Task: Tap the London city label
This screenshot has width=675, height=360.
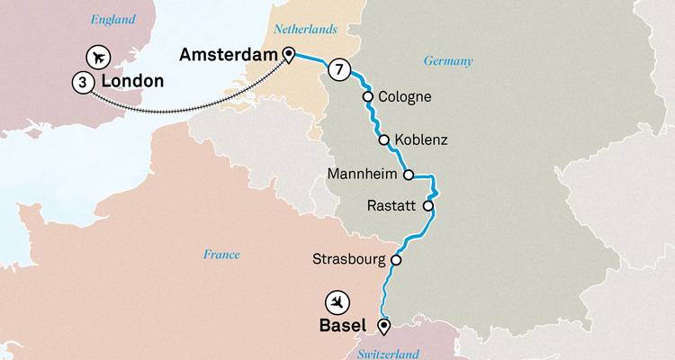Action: coord(132,82)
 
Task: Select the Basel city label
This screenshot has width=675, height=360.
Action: coord(343,326)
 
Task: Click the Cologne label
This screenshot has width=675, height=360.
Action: coord(406,96)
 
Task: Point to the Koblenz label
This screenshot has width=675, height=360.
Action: coord(421,140)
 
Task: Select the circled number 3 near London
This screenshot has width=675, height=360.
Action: coord(82,82)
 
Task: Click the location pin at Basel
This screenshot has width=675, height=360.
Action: coord(384,326)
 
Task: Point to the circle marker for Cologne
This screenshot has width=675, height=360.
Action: coord(367,96)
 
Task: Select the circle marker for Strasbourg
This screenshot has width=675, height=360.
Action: coord(395,260)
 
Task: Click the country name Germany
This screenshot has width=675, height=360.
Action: coord(448,60)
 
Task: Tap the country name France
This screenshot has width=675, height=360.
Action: coord(221,255)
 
